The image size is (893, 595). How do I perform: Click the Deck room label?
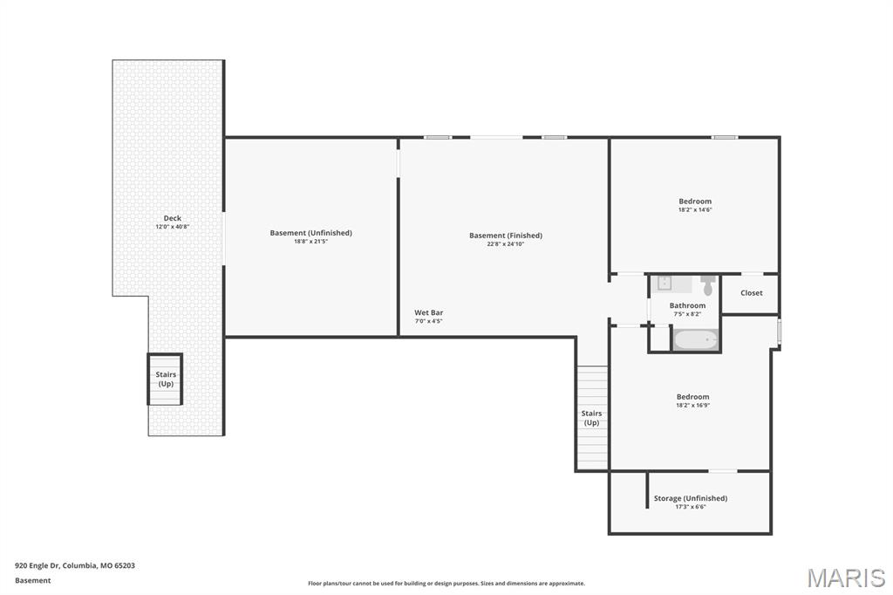(x=173, y=218)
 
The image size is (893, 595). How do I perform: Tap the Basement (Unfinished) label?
(x=311, y=233)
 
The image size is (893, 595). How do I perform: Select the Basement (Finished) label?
(x=506, y=236)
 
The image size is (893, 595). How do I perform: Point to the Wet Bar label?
(x=429, y=312)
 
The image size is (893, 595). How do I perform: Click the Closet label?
(x=751, y=293)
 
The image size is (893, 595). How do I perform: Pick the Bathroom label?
(x=687, y=305)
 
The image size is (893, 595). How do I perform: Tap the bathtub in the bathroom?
(x=695, y=340)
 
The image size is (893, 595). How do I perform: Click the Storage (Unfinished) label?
(x=691, y=498)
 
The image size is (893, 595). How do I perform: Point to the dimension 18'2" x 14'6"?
(x=695, y=209)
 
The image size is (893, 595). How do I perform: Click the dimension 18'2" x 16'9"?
(x=693, y=405)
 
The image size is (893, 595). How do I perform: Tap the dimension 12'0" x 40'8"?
(x=173, y=227)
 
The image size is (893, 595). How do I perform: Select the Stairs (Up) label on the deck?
(x=166, y=379)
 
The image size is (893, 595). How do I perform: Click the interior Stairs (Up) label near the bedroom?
(x=592, y=418)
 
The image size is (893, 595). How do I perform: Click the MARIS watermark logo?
(x=846, y=578)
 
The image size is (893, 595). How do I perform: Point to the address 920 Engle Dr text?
(x=75, y=566)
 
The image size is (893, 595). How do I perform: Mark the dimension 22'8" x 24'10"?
(x=506, y=244)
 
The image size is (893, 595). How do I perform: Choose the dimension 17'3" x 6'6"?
(x=691, y=507)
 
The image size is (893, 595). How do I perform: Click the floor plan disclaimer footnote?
(x=446, y=583)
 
